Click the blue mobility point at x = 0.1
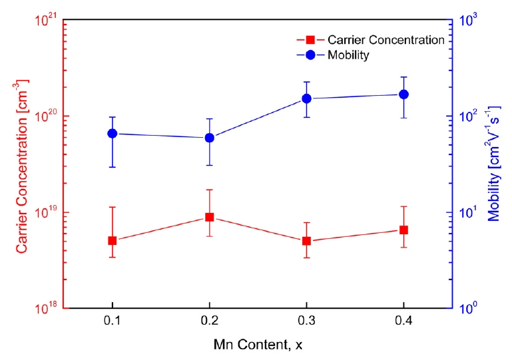tap(112, 133)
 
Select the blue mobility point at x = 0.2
tap(209, 138)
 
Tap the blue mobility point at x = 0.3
tap(306, 98)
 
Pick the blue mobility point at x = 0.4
tap(403, 94)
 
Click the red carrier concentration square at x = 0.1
tap(112, 240)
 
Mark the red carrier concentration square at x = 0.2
tap(209, 217)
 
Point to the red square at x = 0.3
tap(306, 241)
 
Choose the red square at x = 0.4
tap(403, 230)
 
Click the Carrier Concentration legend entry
tap(385, 40)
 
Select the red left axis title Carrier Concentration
tap(22, 166)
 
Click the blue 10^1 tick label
tap(468, 213)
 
